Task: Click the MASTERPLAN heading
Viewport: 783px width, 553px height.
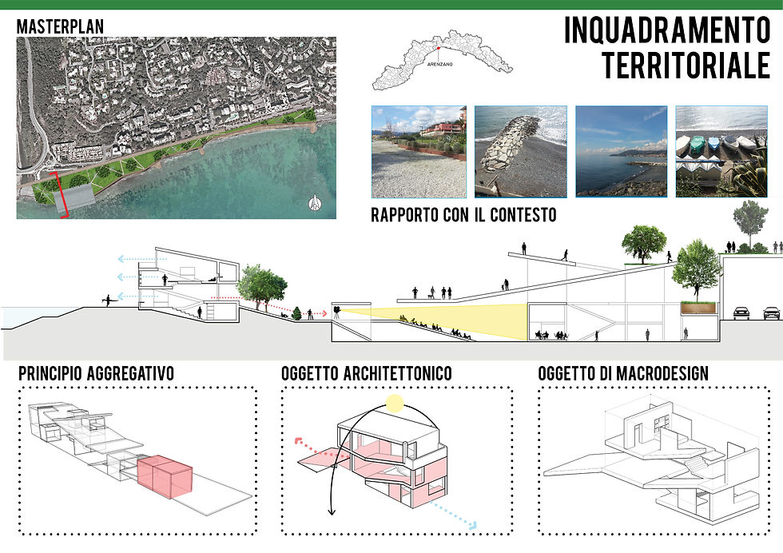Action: pyautogui.click(x=61, y=26)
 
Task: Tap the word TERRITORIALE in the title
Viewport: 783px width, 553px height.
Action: pyautogui.click(x=686, y=66)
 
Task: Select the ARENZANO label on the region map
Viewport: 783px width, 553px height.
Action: pyautogui.click(x=440, y=65)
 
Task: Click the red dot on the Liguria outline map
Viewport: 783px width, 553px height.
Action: pyautogui.click(x=439, y=48)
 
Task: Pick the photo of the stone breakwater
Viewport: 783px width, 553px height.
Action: pyautogui.click(x=520, y=151)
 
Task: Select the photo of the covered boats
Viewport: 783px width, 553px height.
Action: pyautogui.click(x=721, y=151)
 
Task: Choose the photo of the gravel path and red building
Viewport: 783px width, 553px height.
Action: pyautogui.click(x=419, y=151)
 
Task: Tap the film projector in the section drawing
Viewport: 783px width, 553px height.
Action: pyautogui.click(x=337, y=312)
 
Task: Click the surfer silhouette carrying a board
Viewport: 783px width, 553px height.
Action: pyautogui.click(x=107, y=300)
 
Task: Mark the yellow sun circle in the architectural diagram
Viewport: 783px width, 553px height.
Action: pyautogui.click(x=395, y=403)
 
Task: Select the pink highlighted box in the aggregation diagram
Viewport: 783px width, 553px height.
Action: pyautogui.click(x=165, y=476)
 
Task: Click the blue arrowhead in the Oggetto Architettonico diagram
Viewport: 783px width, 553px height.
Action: pyautogui.click(x=472, y=526)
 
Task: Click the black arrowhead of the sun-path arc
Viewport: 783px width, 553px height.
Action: pyautogui.click(x=332, y=511)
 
